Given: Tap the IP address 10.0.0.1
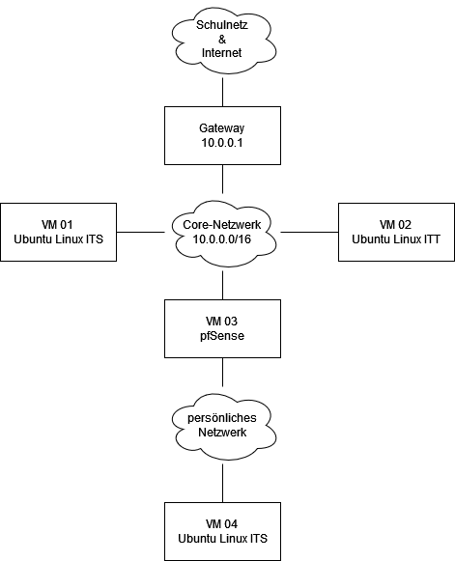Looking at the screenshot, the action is [x=222, y=143].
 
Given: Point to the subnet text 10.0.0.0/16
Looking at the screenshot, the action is [x=222, y=239].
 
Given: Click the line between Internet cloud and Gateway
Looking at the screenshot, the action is [x=222, y=93].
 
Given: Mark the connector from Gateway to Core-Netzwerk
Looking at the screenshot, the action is [x=222, y=179].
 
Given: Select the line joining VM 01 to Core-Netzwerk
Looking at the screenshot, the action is [x=140, y=232].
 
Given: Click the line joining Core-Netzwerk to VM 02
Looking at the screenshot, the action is [x=310, y=232].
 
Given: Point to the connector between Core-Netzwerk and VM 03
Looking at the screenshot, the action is [x=222, y=285].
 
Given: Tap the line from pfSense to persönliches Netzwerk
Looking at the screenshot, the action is [x=222, y=372].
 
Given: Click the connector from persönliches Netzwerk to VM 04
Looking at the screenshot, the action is [x=222, y=484].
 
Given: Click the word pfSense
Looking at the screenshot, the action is [x=222, y=336].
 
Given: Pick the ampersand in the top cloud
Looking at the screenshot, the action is [x=222, y=39].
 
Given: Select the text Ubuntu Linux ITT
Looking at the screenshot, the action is [x=396, y=239].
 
